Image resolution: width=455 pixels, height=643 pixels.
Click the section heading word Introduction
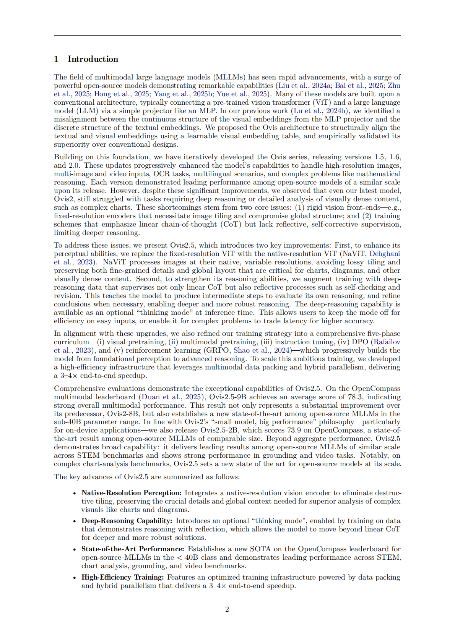[x=93, y=59]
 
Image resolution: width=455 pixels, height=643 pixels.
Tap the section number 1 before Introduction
[x=56, y=59]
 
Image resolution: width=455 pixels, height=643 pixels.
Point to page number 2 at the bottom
[x=227, y=609]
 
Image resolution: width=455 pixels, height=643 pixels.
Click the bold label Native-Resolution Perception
[x=131, y=493]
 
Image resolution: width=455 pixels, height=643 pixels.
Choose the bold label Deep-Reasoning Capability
[x=127, y=521]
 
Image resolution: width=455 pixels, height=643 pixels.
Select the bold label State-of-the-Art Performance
[x=133, y=549]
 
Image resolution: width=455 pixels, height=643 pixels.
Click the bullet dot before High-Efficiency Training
[x=75, y=578]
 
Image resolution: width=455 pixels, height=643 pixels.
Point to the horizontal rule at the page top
[x=227, y=36]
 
